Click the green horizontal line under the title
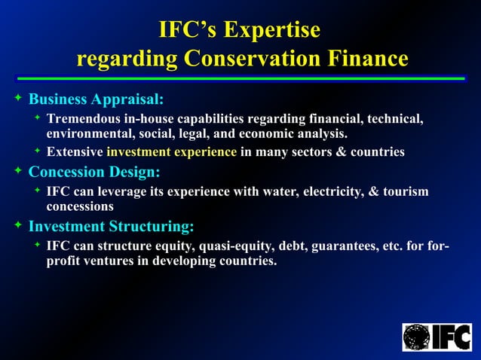[240, 78]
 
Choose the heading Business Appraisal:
[96, 99]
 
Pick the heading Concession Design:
[94, 172]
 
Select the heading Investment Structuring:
[111, 226]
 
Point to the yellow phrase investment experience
[171, 153]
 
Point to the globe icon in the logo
[416, 337]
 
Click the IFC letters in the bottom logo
[450, 337]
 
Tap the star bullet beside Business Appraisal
[18, 99]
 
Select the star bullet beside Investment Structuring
[18, 225]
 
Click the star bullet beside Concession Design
[18, 172]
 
